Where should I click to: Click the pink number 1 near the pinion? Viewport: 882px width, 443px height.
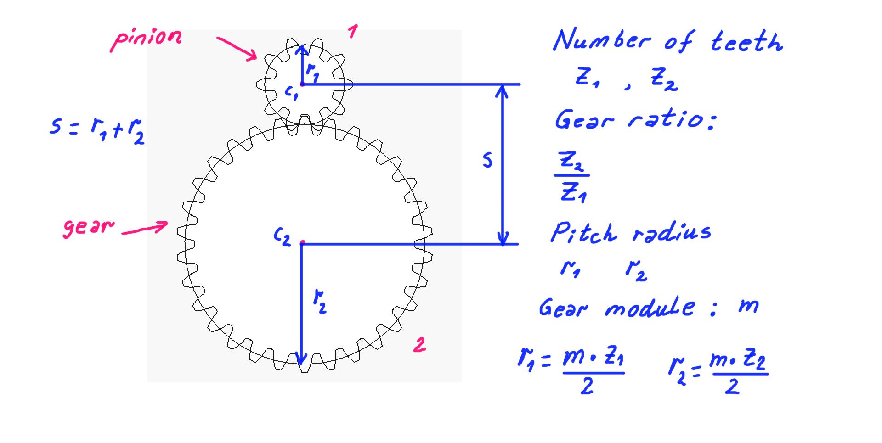[x=352, y=32]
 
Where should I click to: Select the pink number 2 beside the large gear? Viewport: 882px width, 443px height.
[x=419, y=345]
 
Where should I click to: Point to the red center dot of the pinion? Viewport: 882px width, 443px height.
[x=302, y=84]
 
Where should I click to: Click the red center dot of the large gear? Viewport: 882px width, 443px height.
[x=302, y=242]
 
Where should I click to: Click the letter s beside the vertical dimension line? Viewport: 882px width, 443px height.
[x=487, y=160]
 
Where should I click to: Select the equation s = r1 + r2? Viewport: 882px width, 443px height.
[x=97, y=129]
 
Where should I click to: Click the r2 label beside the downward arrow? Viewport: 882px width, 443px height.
[x=320, y=301]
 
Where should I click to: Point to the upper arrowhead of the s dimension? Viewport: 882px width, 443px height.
[x=503, y=90]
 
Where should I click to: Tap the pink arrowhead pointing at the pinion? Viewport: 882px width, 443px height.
[x=252, y=56]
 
